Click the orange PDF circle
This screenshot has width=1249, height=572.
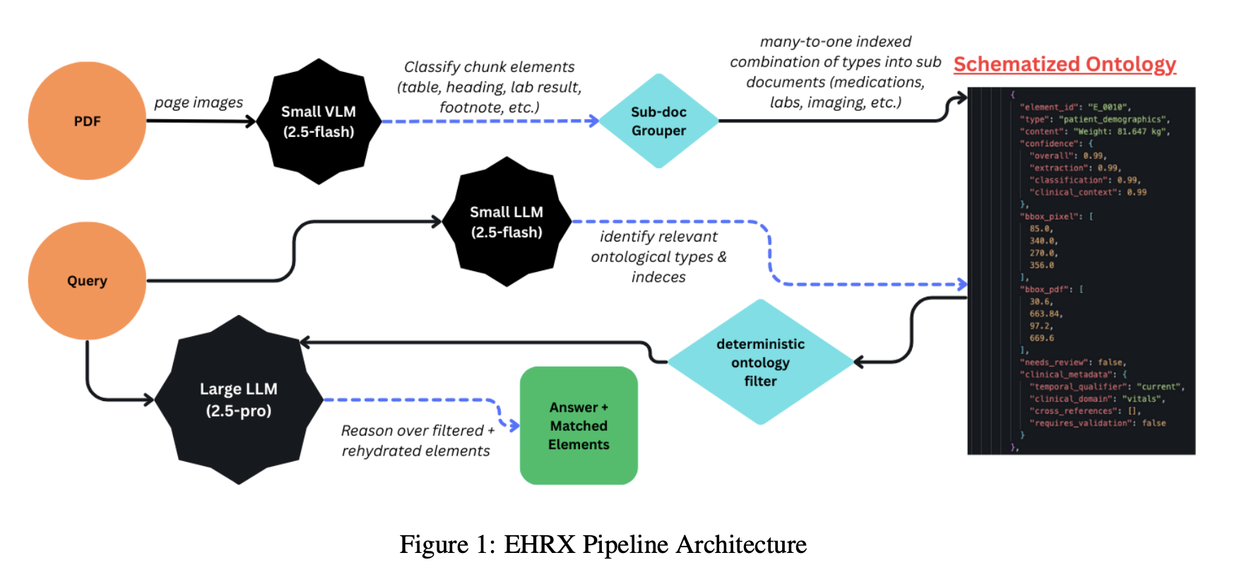pyautogui.click(x=87, y=121)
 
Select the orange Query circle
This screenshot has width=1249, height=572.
pyautogui.click(x=87, y=280)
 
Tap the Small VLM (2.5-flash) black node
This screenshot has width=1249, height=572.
pyautogui.click(x=319, y=121)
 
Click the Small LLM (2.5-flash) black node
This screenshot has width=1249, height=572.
pyautogui.click(x=507, y=222)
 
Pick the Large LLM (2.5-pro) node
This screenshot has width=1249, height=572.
pyautogui.click(x=239, y=400)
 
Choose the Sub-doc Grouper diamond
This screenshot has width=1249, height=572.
pyautogui.click(x=658, y=121)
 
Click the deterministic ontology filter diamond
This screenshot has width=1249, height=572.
pyautogui.click(x=760, y=362)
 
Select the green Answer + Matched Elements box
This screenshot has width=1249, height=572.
pyautogui.click(x=579, y=426)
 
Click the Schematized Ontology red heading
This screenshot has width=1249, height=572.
pyautogui.click(x=1064, y=64)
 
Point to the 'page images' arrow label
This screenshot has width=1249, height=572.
pyautogui.click(x=199, y=102)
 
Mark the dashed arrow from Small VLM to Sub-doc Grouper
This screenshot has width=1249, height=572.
pyautogui.click(x=487, y=121)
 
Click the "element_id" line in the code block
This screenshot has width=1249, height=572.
pyautogui.click(x=1074, y=107)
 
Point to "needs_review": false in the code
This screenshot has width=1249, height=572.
pyautogui.click(x=1072, y=362)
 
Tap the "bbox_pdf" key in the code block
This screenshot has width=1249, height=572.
pyautogui.click(x=1046, y=290)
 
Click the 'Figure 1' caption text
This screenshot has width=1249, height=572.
pyautogui.click(x=603, y=544)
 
